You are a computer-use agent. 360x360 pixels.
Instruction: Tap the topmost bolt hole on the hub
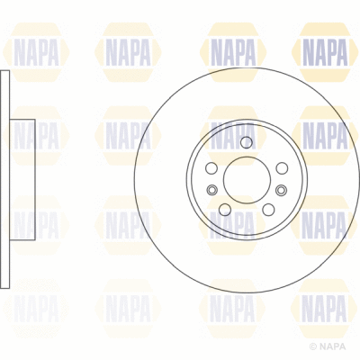pos(246,142)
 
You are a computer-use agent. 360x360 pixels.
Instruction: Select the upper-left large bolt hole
pos(211,168)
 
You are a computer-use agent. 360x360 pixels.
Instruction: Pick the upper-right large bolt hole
pos(281,168)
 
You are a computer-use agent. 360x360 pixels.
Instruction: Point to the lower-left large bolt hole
pos(224,209)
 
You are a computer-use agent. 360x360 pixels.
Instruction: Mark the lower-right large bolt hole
pos(267,209)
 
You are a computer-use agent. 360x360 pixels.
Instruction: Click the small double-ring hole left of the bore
pos(211,189)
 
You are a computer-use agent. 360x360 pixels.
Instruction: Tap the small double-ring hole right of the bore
pos(282,189)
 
